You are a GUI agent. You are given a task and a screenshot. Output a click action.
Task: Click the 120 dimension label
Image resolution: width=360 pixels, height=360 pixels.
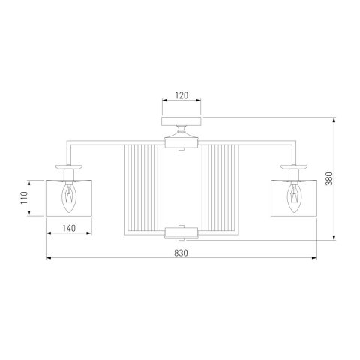(x=181, y=95)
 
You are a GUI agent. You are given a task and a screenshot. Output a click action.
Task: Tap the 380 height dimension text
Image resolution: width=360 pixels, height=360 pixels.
(x=330, y=178)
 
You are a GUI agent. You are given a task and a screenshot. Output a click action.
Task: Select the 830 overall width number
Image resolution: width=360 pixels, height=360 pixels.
(x=181, y=253)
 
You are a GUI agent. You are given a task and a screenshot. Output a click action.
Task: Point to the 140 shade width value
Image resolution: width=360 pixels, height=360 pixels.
(x=69, y=228)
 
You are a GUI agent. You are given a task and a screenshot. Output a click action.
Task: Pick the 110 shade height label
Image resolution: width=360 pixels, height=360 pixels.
(x=24, y=198)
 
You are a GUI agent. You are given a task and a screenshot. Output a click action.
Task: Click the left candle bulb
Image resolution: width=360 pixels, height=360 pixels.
(x=69, y=197)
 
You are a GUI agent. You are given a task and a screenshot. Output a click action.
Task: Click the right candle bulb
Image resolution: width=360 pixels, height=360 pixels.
(x=294, y=197)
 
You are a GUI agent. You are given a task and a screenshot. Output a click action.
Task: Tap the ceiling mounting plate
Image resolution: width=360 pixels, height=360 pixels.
(x=181, y=121)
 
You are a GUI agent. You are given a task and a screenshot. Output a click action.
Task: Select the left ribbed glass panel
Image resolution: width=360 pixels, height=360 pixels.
(x=142, y=187)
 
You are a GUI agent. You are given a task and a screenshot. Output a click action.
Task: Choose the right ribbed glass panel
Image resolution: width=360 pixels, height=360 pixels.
(x=220, y=187)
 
